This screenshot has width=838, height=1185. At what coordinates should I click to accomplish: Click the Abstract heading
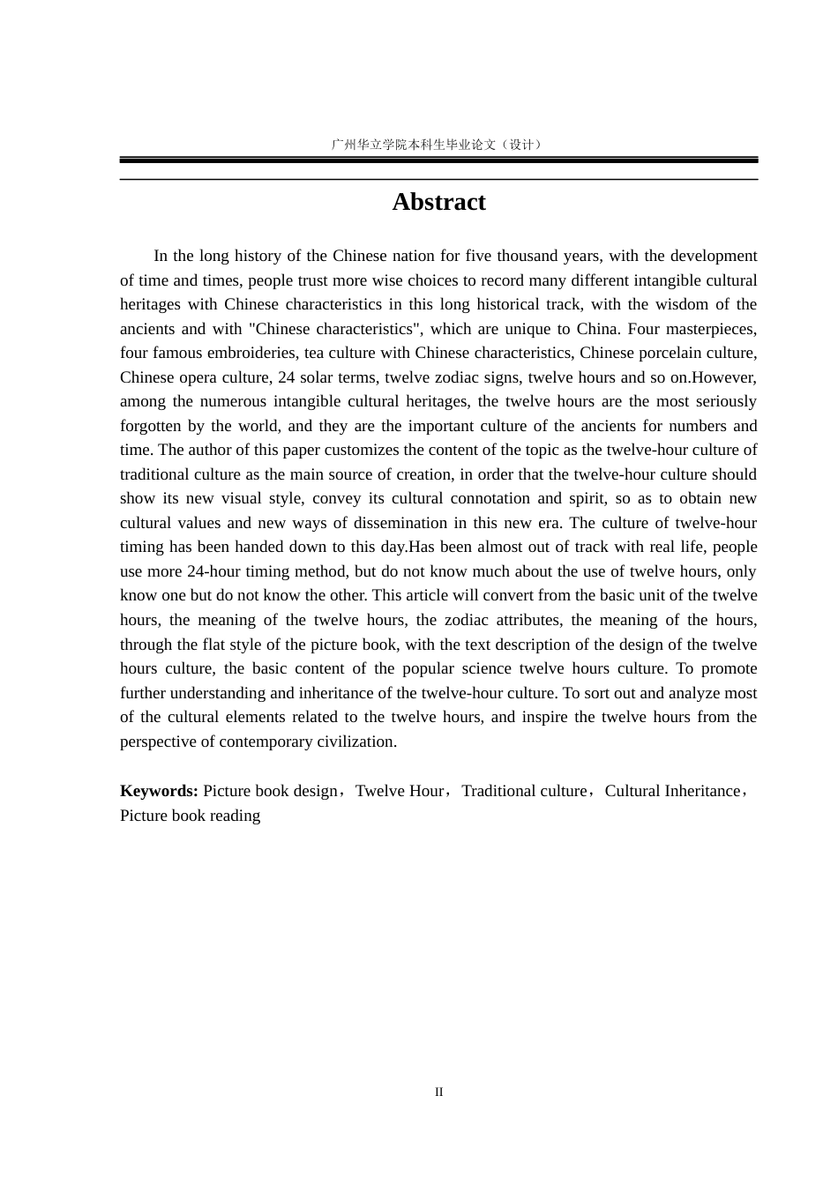(438, 202)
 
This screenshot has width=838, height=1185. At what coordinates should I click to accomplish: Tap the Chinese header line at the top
(438, 144)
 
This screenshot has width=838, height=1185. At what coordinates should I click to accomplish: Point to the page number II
(438, 1092)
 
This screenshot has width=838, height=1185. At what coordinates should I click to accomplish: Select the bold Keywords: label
(159, 791)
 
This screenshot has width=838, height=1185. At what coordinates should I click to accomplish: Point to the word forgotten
(150, 426)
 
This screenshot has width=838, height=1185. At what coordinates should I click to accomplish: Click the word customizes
(354, 450)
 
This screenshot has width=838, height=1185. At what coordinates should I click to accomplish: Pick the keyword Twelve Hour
(399, 791)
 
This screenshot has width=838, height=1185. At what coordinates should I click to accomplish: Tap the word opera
(196, 377)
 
